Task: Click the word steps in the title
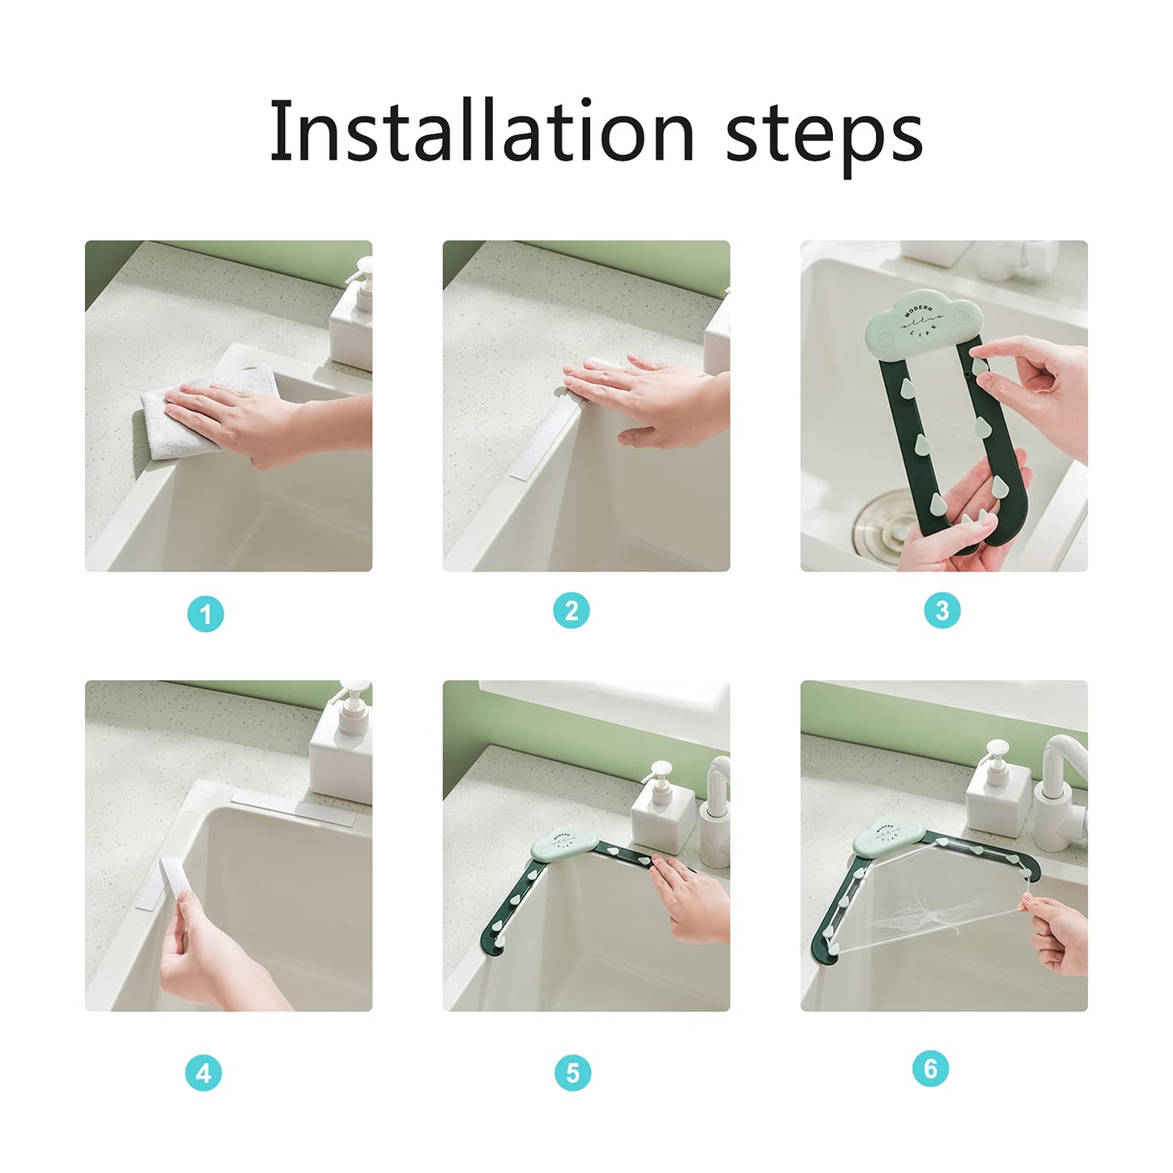pos(823,134)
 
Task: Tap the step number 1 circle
pos(205,614)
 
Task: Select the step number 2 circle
pos(571,610)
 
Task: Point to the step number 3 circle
pos(942,610)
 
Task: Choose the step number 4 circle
pos(203,1073)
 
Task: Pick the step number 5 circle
pos(572,1073)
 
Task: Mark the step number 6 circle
pos(930,1068)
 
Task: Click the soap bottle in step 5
pos(662,812)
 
